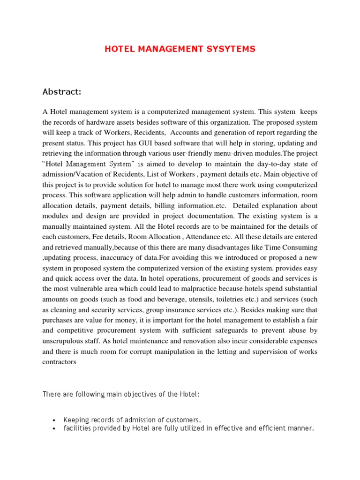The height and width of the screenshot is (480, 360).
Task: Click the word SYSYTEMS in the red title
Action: click(x=230, y=49)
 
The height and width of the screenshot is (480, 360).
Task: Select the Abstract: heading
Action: click(x=62, y=92)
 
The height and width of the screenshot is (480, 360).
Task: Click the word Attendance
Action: click(x=209, y=237)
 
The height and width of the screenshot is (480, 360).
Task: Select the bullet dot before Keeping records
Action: click(x=55, y=420)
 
